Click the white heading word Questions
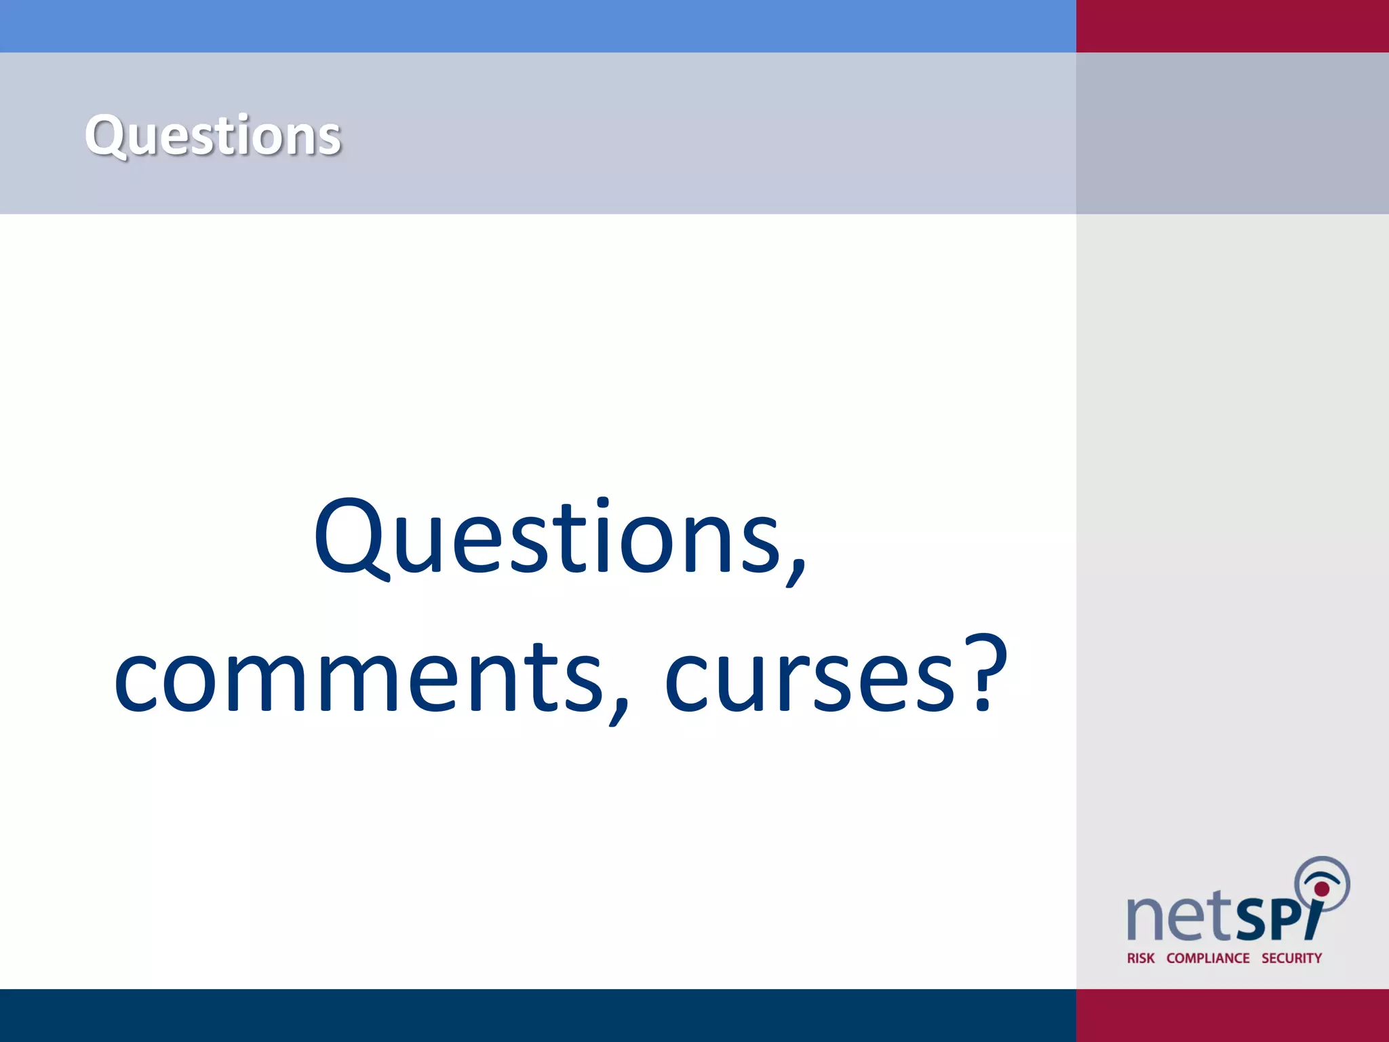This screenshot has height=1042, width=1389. click(x=212, y=136)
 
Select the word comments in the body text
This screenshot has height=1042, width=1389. click(x=358, y=678)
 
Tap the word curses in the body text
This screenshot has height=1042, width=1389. click(x=810, y=678)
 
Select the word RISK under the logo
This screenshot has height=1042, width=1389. click(x=1140, y=958)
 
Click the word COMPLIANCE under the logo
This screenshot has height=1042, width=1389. click(x=1208, y=958)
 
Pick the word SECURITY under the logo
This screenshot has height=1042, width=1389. click(x=1291, y=958)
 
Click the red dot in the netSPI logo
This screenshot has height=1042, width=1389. click(x=1322, y=889)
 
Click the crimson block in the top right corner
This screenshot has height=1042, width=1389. click(x=1232, y=26)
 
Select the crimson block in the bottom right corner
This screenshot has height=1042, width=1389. click(x=1232, y=1015)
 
